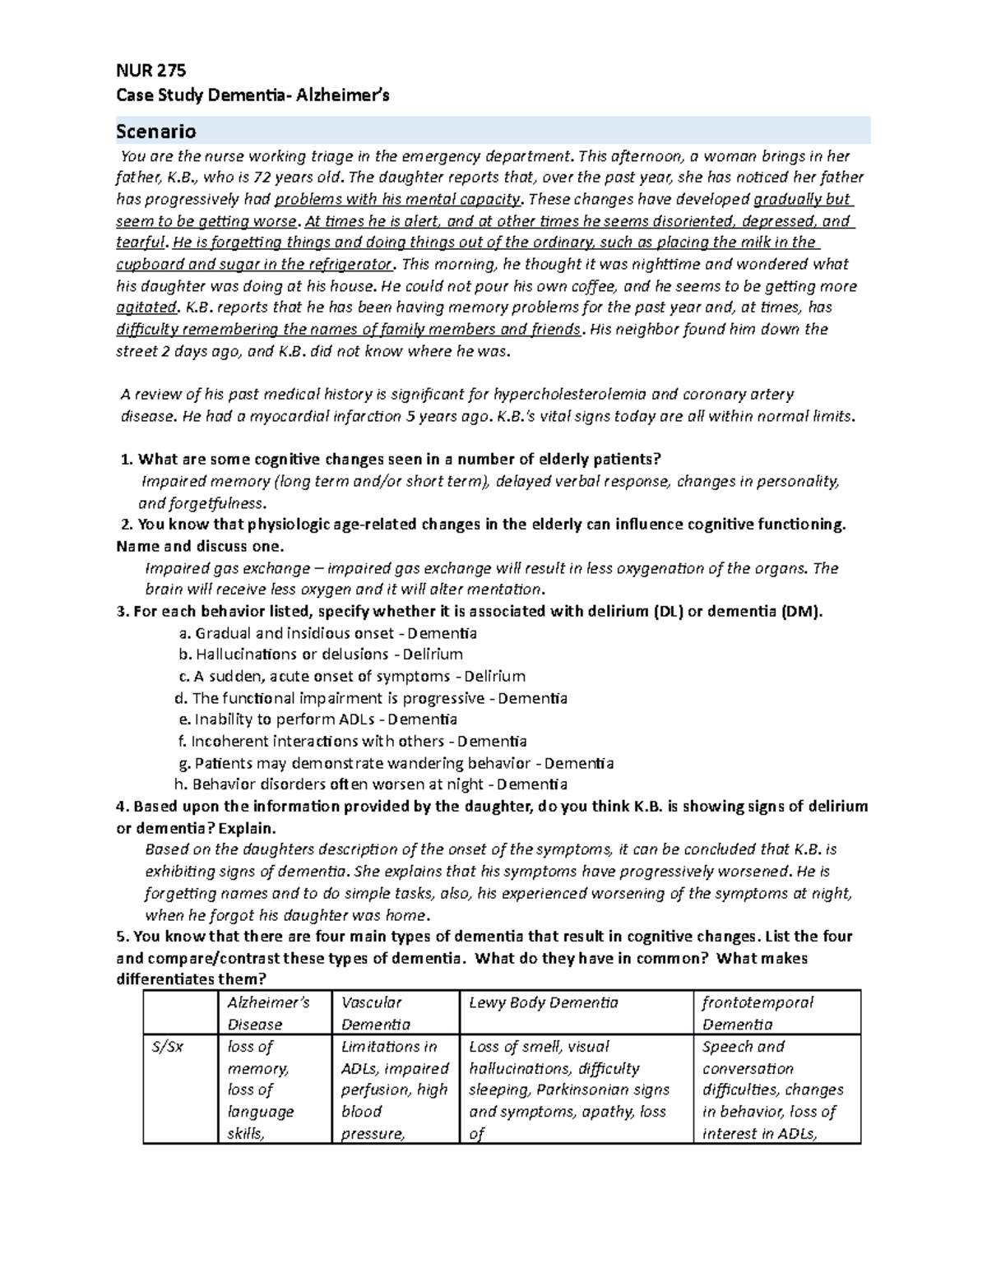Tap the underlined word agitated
(146, 308)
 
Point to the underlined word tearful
(141, 243)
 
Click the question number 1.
(126, 459)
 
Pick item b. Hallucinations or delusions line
(321, 655)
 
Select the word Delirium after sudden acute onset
(494, 677)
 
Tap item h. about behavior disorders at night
(371, 784)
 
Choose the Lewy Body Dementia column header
(543, 1002)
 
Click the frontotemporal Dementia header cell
(757, 1013)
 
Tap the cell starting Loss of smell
(568, 1090)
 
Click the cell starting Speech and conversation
(772, 1090)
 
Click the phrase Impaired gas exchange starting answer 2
(220, 568)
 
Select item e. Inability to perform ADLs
(317, 719)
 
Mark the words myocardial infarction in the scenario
(320, 416)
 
